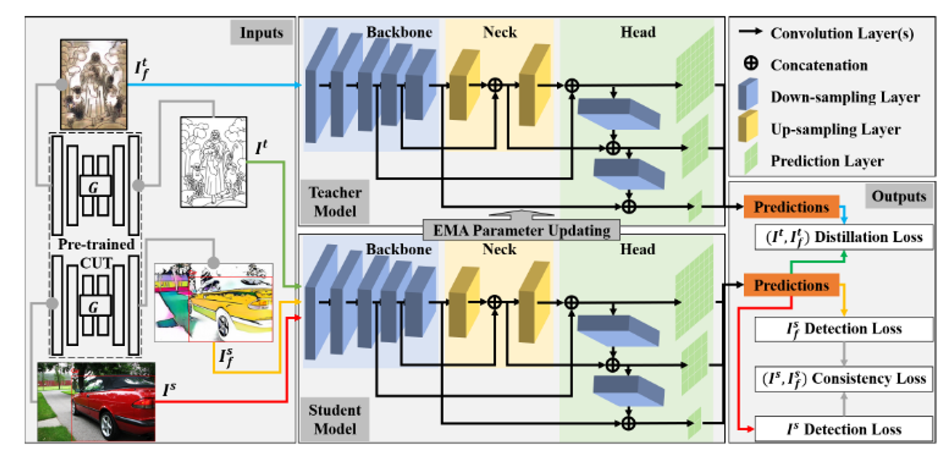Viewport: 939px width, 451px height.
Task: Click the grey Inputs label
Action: tap(262, 32)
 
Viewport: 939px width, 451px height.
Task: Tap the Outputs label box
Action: tap(899, 196)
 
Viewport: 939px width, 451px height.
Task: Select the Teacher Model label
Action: tap(335, 202)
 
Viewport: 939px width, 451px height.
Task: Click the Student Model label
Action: tap(335, 420)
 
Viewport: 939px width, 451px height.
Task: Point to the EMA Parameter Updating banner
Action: tap(521, 230)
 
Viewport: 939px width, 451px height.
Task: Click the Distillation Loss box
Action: tap(844, 237)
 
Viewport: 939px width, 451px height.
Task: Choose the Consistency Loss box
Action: tap(844, 379)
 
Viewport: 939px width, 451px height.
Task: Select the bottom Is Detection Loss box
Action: tap(844, 429)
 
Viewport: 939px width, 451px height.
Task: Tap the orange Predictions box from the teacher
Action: tap(791, 207)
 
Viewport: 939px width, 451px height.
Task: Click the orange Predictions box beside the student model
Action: tap(791, 285)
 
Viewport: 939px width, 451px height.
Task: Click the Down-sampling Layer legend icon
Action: tap(748, 95)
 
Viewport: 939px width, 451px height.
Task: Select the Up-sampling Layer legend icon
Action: tap(748, 126)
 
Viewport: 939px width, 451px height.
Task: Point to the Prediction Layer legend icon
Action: tap(751, 159)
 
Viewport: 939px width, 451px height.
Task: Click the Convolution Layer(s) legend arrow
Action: tap(750, 32)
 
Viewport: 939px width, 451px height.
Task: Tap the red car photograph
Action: tap(96, 402)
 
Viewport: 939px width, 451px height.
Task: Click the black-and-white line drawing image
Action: tap(214, 162)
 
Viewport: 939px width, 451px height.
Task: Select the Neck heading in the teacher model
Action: tap(500, 32)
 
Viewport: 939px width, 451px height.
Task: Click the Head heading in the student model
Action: tap(638, 249)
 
